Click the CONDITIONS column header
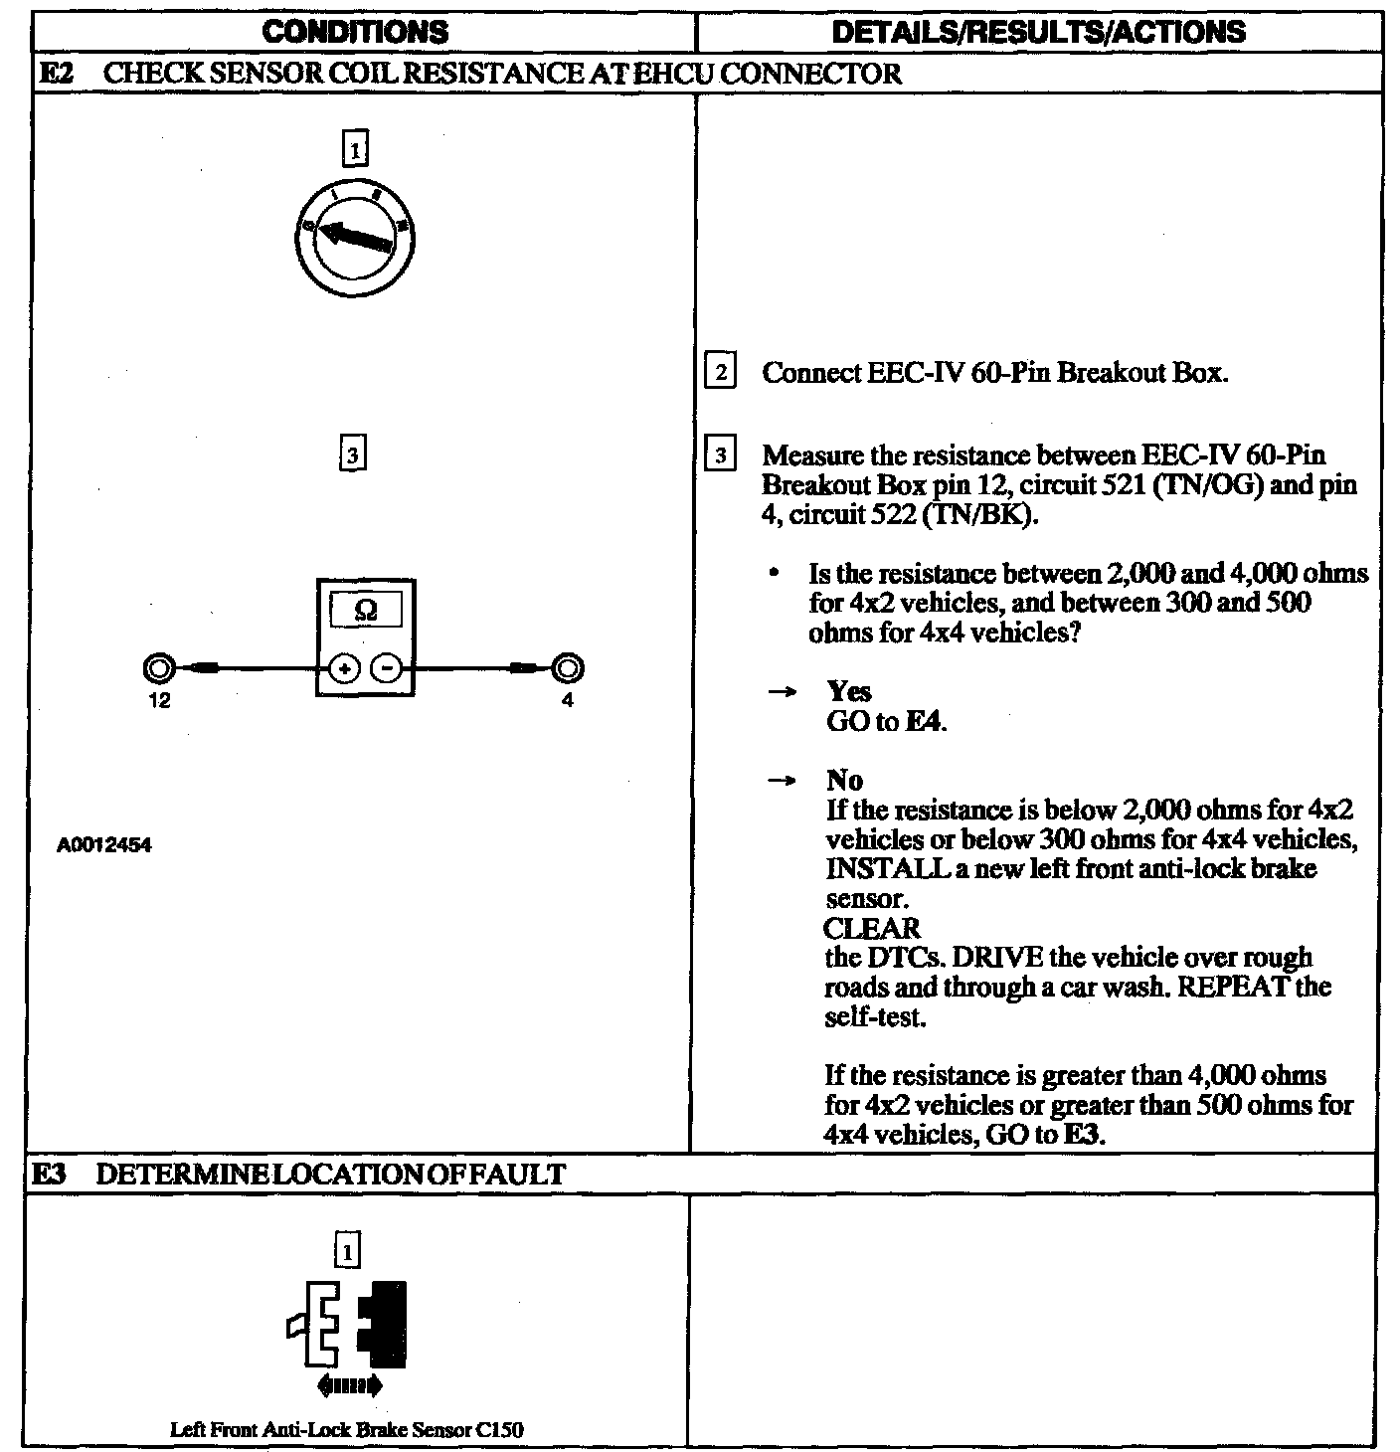tap(355, 32)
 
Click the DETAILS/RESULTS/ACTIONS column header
tap(1037, 32)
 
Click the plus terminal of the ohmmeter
tap(343, 669)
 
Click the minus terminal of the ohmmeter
tap(387, 669)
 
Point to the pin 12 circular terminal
tap(160, 668)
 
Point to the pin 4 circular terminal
tap(568, 668)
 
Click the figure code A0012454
tap(104, 846)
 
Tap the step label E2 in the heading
tap(54, 74)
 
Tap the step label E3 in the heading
tap(50, 1175)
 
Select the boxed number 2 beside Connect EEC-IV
tap(719, 373)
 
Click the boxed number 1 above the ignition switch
tap(354, 149)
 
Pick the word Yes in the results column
tap(848, 692)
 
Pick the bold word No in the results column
tap(844, 781)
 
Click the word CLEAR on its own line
tap(872, 929)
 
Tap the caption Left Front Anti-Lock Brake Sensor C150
tap(347, 1430)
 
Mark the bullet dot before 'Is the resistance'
tap(773, 575)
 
